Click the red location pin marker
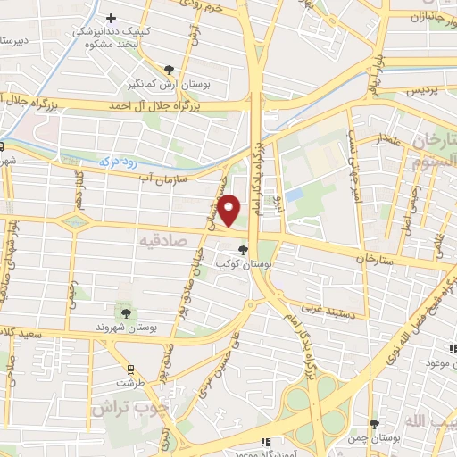[x=229, y=210]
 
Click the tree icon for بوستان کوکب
[x=243, y=249]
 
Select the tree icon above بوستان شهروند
[x=125, y=313]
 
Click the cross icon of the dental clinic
[x=111, y=18]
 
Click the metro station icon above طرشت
[x=131, y=370]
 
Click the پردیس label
[x=423, y=91]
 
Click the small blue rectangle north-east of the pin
[x=294, y=193]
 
